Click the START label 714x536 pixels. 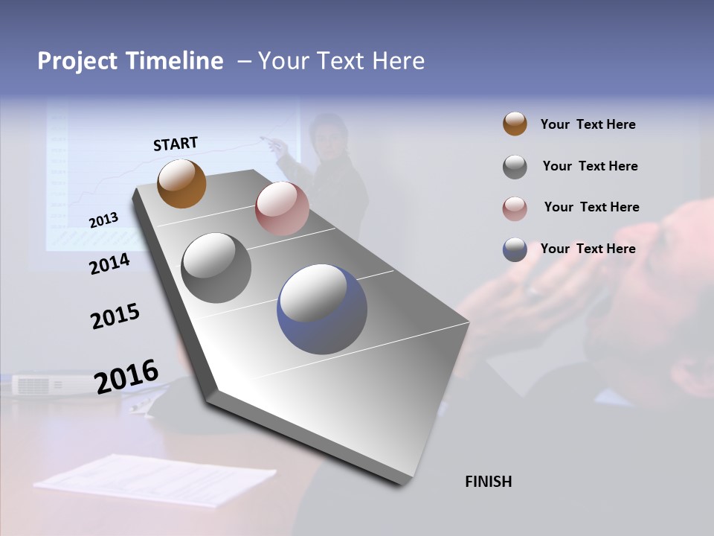click(x=176, y=144)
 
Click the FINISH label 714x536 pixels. click(x=488, y=482)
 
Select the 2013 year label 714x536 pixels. click(x=104, y=220)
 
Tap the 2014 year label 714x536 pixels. click(x=109, y=264)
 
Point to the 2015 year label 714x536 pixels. click(x=115, y=316)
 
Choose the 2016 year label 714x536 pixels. click(x=126, y=376)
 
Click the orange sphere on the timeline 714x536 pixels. click(x=181, y=183)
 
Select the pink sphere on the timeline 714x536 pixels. click(x=282, y=208)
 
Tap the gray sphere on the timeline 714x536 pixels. click(x=216, y=268)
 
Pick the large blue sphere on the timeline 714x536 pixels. click(x=322, y=309)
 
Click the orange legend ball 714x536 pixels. click(x=515, y=124)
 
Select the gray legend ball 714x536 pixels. click(x=515, y=166)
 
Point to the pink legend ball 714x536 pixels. click(x=515, y=208)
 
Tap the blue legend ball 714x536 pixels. click(x=515, y=249)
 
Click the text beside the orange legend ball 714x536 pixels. click(x=588, y=125)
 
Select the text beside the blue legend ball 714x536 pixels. click(x=588, y=249)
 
